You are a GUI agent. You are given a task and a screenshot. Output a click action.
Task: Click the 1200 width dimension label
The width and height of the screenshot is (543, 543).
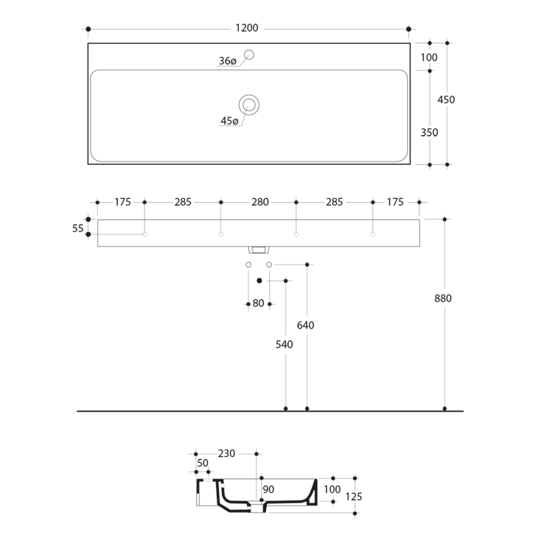[246, 28]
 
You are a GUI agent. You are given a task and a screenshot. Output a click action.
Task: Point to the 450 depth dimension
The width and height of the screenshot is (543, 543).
[446, 100]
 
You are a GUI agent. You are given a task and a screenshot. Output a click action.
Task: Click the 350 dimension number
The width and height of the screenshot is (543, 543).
[429, 132]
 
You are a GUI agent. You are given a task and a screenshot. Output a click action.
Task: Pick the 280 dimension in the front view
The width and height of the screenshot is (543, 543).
[260, 202]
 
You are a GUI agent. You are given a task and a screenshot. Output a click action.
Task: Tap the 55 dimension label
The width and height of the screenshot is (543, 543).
[77, 228]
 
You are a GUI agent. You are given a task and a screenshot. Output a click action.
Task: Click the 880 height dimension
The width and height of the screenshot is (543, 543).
[443, 298]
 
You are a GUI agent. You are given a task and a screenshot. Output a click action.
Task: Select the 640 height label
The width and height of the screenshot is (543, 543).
[305, 325]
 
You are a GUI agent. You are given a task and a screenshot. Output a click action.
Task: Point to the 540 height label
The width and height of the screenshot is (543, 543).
[284, 344]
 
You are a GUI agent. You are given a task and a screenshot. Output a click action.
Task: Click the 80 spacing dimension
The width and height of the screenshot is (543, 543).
[259, 303]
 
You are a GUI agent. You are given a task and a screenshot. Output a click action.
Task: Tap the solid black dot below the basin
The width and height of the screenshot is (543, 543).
[259, 280]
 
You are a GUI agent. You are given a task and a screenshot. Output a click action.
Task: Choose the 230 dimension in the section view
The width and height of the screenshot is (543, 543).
[227, 453]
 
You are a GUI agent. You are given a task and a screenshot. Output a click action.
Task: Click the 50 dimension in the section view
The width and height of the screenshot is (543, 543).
[202, 463]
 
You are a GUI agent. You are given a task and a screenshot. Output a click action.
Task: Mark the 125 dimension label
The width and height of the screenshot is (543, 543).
[354, 497]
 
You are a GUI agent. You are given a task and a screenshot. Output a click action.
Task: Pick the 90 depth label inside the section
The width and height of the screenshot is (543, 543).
[268, 489]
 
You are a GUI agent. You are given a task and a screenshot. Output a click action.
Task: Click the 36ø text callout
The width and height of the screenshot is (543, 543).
[227, 61]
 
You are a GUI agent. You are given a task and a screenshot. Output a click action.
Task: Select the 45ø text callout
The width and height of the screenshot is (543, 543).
[229, 121]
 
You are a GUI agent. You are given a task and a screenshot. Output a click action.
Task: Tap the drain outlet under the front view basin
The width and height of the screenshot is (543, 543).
[259, 250]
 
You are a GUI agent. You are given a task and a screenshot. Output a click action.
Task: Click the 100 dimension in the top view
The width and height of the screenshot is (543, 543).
[429, 58]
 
